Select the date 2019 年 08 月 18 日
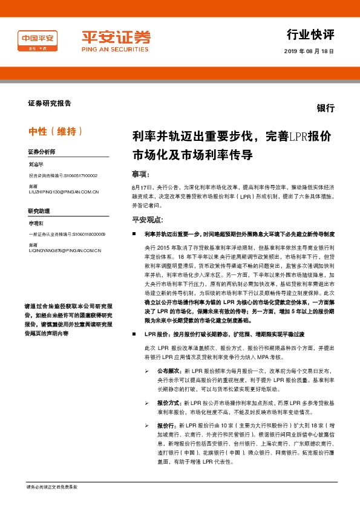(x=309, y=51)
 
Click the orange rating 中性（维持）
(x=56, y=131)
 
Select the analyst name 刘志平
(x=36, y=164)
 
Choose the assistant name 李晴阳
(x=36, y=223)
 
